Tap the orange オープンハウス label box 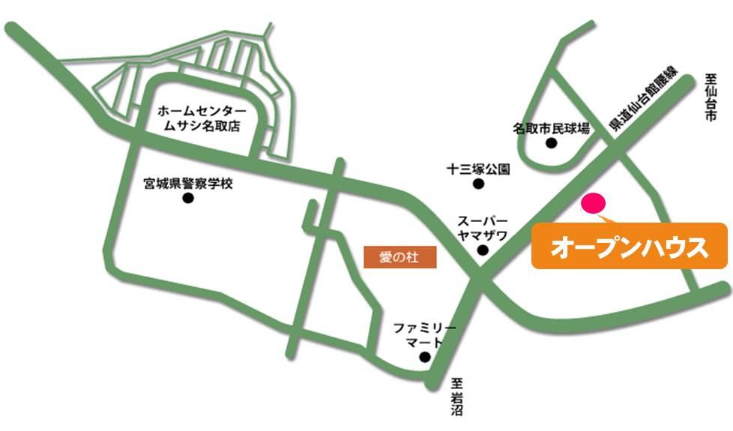pyautogui.click(x=630, y=246)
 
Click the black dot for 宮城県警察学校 pyautogui.click(x=188, y=199)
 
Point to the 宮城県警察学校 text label pyautogui.click(x=188, y=183)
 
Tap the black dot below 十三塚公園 pyautogui.click(x=477, y=184)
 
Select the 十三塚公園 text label pyautogui.click(x=477, y=169)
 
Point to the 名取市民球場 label pyautogui.click(x=551, y=128)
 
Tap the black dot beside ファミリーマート pyautogui.click(x=425, y=358)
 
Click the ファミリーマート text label pyautogui.click(x=424, y=335)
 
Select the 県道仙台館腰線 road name pyautogui.click(x=644, y=101)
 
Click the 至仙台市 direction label pyautogui.click(x=711, y=97)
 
